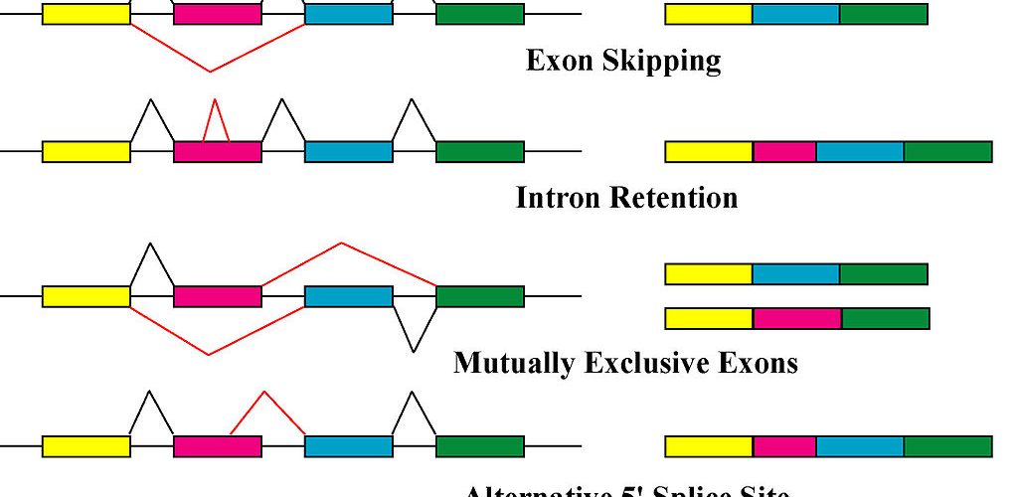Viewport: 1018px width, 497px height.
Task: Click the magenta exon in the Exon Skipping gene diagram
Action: (218, 13)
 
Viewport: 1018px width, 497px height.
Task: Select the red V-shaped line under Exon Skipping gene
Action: (210, 70)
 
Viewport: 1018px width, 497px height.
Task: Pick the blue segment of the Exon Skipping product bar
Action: (795, 14)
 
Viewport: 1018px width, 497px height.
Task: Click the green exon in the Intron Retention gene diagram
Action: (479, 151)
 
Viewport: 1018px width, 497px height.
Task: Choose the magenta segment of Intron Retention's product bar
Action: (784, 151)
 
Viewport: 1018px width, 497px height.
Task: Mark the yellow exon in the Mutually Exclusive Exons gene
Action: (85, 296)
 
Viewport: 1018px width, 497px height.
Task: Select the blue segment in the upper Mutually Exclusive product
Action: (795, 273)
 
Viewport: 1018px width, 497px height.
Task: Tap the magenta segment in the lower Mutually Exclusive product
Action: (797, 318)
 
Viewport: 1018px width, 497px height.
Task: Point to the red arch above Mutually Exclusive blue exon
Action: (342, 244)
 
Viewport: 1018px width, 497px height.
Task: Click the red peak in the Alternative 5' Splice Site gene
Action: (264, 394)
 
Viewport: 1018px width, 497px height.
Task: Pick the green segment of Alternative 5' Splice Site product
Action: (947, 446)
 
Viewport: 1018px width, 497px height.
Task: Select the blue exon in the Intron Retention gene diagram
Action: (348, 151)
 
